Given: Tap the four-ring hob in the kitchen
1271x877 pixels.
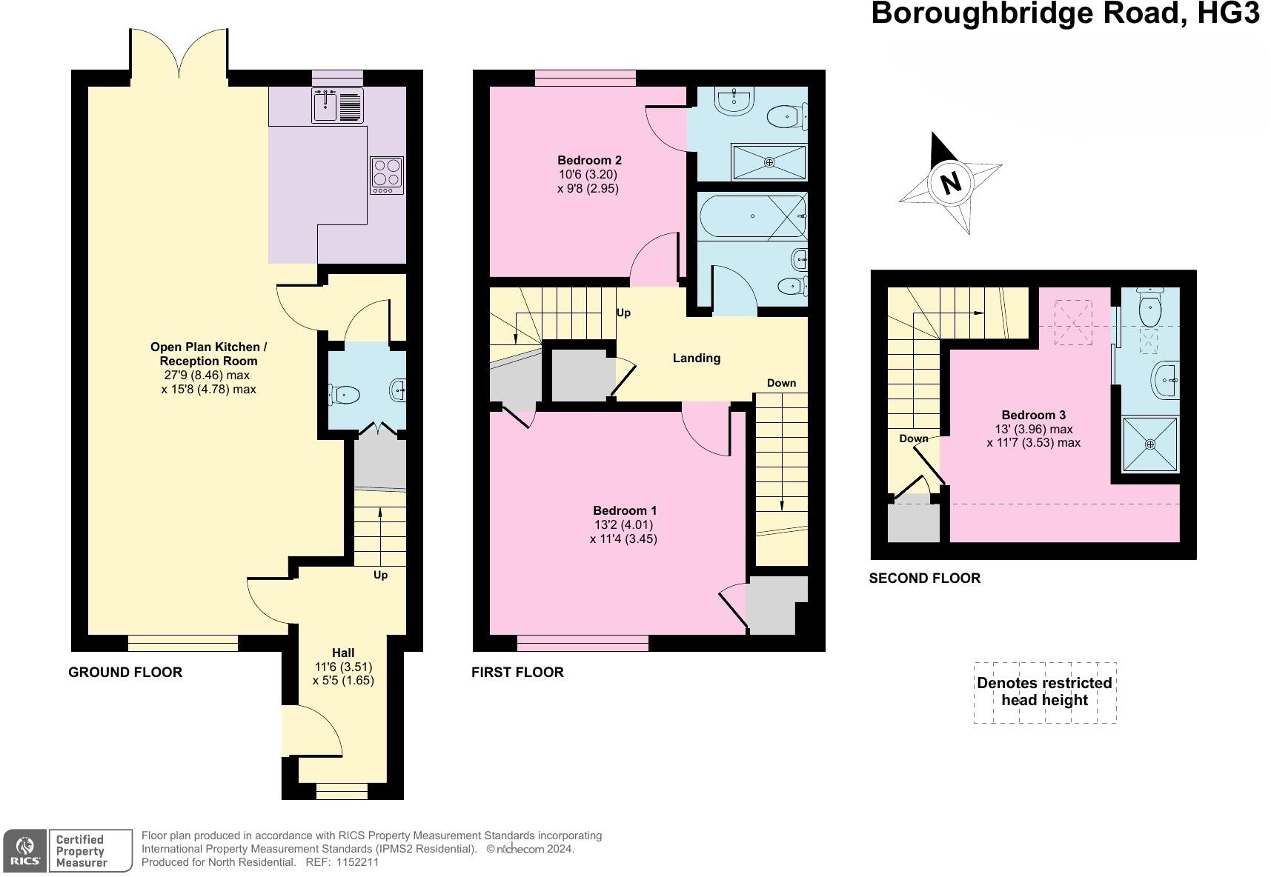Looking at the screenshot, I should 388,175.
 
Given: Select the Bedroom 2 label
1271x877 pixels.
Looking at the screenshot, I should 589,160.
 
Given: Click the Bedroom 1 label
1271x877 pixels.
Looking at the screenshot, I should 624,510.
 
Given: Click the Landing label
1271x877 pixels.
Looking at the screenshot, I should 696,359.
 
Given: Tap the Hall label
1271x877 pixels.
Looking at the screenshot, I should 343,653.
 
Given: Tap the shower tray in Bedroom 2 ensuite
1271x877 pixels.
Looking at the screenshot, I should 769,162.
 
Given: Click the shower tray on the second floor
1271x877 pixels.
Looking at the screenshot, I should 1149,444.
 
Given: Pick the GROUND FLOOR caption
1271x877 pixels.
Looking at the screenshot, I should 125,673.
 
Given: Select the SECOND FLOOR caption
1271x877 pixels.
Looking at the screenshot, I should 924,578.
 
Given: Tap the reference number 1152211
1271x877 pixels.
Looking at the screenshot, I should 358,862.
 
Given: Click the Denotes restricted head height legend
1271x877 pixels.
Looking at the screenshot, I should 1044,692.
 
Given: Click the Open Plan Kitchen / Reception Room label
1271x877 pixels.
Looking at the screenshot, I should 208,354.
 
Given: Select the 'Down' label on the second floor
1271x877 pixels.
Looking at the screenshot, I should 913,438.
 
